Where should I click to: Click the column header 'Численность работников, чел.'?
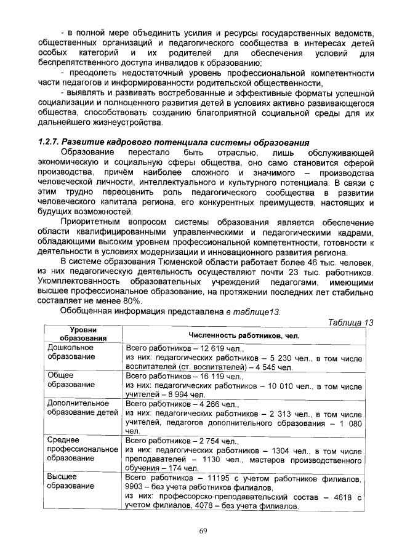point(244,335)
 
